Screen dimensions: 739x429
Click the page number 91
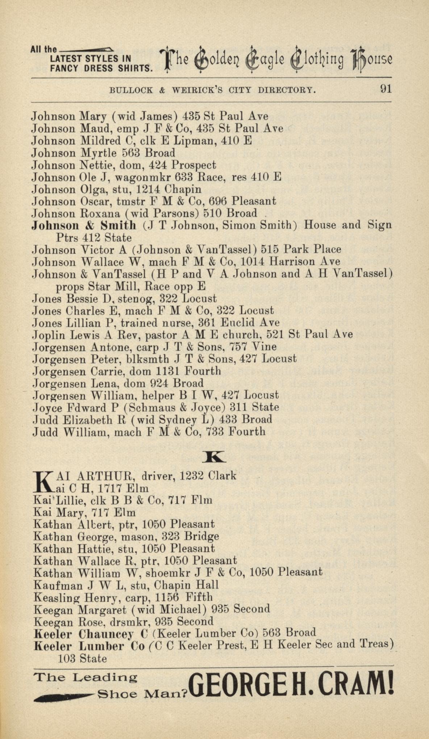tap(386, 89)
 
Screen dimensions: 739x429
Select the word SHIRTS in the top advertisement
tap(133, 68)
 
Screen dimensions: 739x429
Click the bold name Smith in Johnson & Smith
tap(118, 225)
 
